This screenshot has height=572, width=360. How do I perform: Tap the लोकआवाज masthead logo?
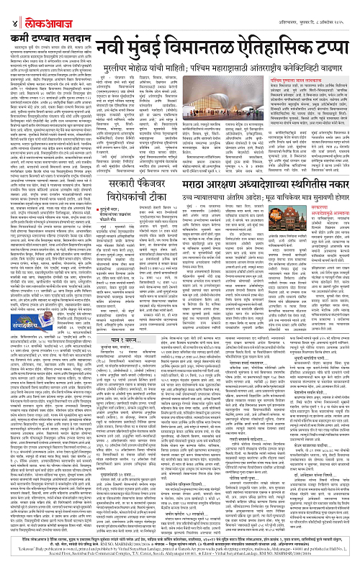pyautogui.click(x=30, y=8)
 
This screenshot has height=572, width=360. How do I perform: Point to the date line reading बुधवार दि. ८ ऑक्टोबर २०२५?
pyautogui.click(x=323, y=8)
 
